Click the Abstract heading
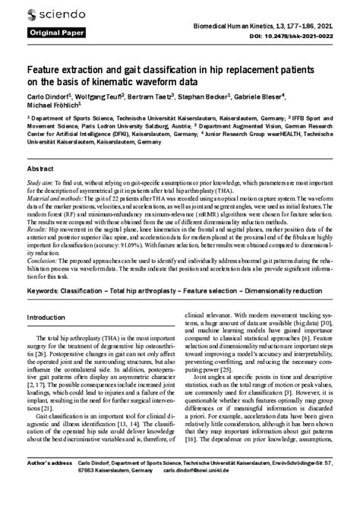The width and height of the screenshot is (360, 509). coord(39,169)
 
